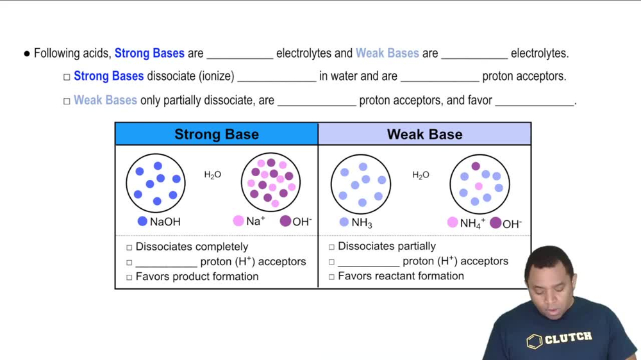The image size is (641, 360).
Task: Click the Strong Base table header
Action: click(217, 135)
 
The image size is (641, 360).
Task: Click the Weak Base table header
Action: click(424, 135)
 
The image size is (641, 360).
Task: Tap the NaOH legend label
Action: click(165, 222)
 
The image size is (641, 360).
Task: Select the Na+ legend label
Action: click(256, 222)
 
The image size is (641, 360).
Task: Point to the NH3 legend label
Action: click(362, 223)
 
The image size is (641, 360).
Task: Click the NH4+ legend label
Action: click(472, 224)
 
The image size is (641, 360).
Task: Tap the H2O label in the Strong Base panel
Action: click(213, 175)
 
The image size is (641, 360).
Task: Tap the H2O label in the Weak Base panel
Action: click(420, 175)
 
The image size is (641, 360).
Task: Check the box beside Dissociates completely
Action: click(129, 247)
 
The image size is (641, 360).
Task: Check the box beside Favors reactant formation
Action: click(331, 277)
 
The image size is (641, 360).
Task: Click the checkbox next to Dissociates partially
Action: click(331, 247)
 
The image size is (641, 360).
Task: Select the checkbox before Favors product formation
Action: click(129, 277)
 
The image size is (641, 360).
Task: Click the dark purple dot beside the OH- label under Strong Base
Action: click(285, 222)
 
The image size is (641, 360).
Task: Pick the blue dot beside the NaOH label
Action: click(142, 222)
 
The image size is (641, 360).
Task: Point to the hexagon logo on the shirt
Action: click(535, 341)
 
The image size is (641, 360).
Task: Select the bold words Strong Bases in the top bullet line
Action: click(149, 53)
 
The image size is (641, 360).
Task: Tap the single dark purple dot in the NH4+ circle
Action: click(476, 166)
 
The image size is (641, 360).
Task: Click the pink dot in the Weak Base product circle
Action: click(479, 186)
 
